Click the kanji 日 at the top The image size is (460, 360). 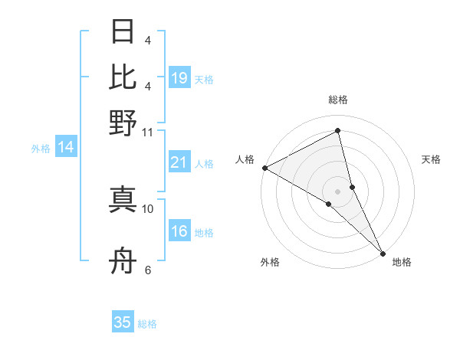tap(123, 32)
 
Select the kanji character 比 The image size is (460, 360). tap(123, 77)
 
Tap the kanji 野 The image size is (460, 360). tap(123, 123)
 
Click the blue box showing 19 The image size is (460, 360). tap(179, 78)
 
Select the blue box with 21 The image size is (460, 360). tap(179, 162)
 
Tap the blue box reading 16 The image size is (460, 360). tap(179, 231)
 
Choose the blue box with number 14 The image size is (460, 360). tap(66, 148)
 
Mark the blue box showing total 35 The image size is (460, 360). tap(123, 322)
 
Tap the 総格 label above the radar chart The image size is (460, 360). tap(337, 100)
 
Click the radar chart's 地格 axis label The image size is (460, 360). tap(402, 262)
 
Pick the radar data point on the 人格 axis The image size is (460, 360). tap(264, 168)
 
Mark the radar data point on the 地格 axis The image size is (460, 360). tap(383, 252)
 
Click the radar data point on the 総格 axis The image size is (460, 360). tap(337, 131)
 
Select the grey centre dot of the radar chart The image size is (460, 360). tap(337, 190)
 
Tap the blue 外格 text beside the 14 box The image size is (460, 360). tap(40, 149)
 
